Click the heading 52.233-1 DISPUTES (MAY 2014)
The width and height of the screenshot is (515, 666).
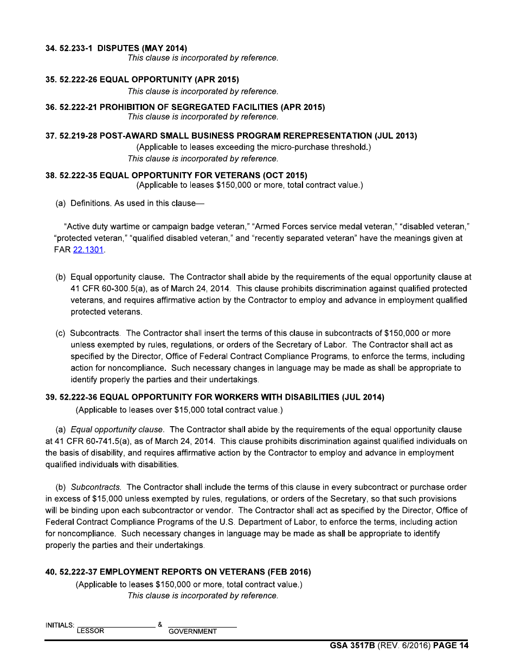point(117,48)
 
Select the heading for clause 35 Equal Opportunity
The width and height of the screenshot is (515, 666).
point(142,80)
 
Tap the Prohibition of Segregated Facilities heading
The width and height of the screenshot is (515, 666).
point(185,107)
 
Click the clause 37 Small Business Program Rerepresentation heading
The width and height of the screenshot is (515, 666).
point(231,136)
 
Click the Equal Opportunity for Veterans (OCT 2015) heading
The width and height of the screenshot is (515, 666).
point(176,175)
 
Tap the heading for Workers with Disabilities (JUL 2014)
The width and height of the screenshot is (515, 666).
point(215,397)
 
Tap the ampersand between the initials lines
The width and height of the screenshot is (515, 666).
point(160,625)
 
